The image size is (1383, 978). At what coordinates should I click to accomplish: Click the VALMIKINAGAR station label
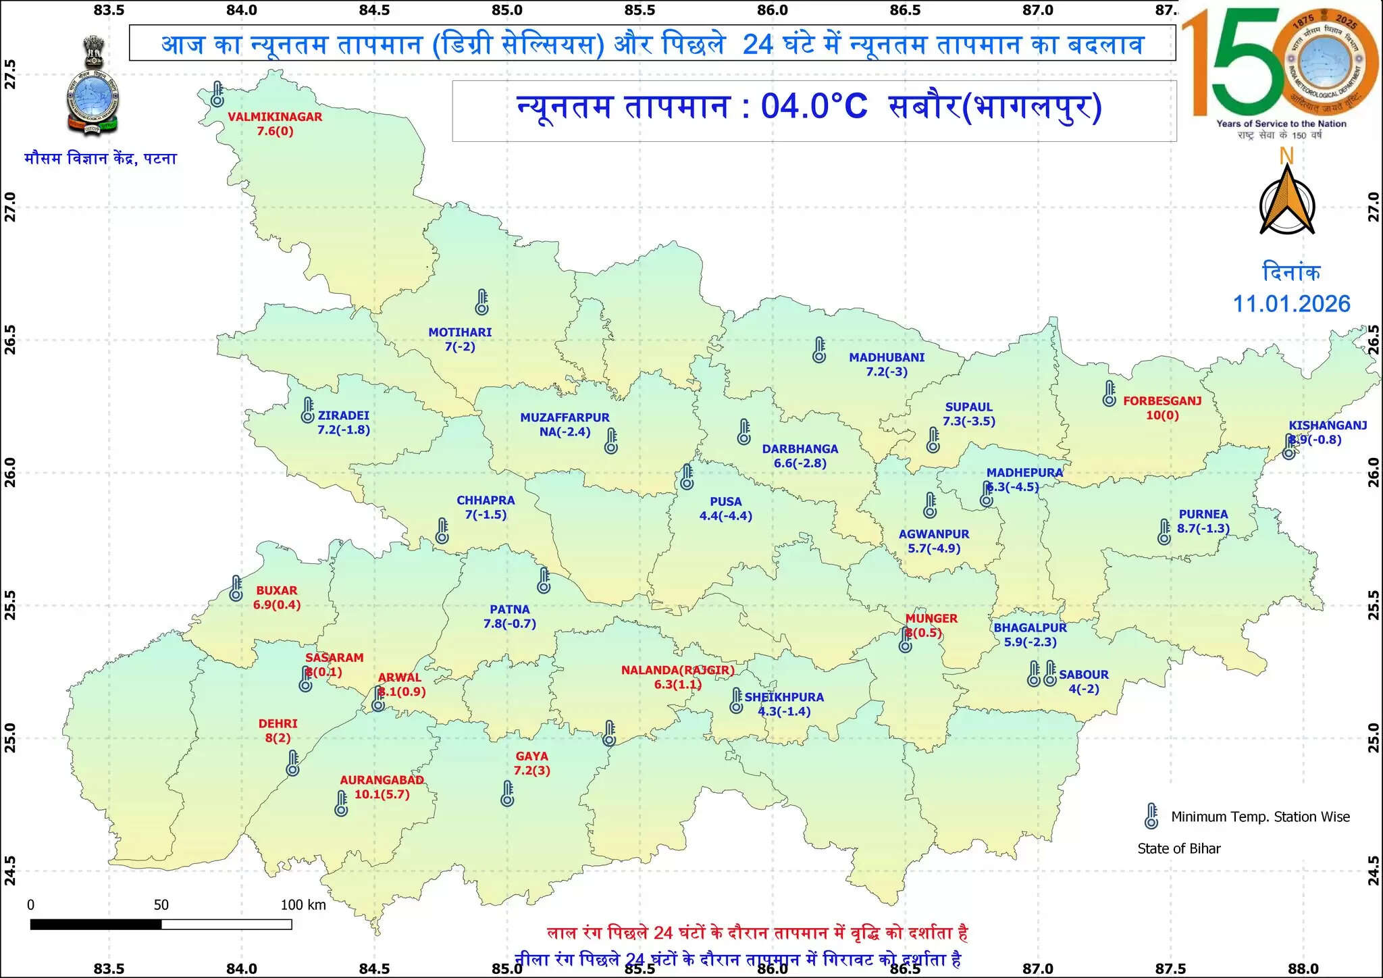click(275, 117)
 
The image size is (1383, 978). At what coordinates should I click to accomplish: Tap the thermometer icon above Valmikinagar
click(217, 94)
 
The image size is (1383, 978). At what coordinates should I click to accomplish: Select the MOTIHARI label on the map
click(460, 332)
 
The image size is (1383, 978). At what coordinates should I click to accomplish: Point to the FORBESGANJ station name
click(1162, 401)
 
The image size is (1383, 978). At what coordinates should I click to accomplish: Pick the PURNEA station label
click(1203, 515)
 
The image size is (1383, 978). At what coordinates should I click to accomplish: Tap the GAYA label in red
click(531, 756)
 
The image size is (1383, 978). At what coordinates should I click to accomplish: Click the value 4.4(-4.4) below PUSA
click(726, 516)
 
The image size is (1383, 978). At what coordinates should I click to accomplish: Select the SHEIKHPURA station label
click(784, 697)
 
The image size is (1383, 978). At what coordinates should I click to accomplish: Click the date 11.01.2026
click(1292, 304)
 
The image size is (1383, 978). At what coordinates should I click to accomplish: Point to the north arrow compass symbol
click(1287, 201)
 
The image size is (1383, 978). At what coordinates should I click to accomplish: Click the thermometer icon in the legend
click(1151, 816)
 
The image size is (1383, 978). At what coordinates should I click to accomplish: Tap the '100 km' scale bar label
click(303, 905)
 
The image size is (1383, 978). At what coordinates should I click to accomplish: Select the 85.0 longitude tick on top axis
click(507, 9)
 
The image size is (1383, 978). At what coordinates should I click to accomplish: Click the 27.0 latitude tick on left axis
click(10, 207)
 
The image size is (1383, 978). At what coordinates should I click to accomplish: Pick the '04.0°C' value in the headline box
click(814, 107)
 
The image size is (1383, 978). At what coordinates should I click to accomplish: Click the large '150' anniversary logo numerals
click(1236, 64)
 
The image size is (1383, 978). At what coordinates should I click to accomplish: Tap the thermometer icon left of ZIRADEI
click(307, 410)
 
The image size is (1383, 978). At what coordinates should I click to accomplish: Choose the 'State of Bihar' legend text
click(1179, 849)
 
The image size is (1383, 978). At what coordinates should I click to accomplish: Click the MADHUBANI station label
click(887, 357)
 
